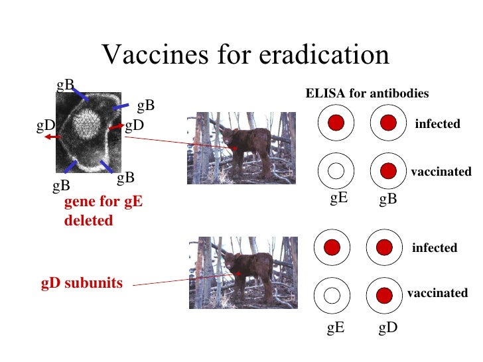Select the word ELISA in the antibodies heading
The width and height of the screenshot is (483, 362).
321,94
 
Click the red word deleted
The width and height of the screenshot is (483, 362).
88,221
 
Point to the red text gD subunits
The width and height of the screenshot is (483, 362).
82,283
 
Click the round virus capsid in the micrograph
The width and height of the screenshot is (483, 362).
85,123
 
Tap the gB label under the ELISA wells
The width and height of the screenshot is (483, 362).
388,199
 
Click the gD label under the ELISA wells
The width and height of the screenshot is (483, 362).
388,327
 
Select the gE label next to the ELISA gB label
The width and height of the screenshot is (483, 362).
339,198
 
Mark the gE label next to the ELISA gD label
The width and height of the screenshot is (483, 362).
336,327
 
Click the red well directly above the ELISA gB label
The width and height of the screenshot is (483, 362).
388,171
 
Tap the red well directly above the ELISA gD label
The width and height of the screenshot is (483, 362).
384,295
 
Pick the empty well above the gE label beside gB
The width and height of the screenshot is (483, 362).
336,171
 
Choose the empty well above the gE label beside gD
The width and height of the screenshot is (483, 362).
332,295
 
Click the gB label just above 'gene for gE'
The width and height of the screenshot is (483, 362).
61,186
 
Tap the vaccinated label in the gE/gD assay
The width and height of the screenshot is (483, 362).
437,293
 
